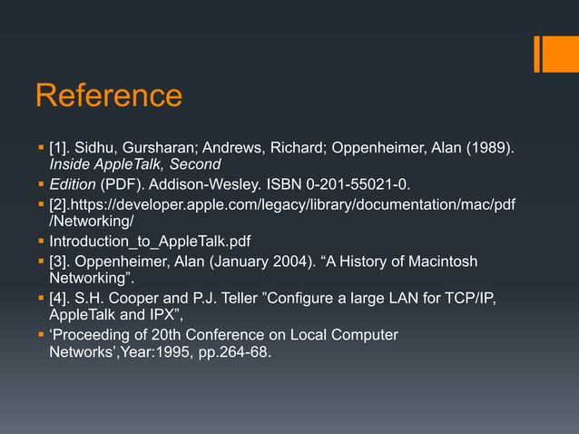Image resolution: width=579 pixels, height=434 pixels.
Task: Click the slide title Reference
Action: pyautogui.click(x=108, y=96)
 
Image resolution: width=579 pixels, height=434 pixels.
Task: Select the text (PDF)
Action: pyautogui.click(x=121, y=185)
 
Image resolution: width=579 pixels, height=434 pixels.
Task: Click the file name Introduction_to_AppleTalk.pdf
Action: pyautogui.click(x=150, y=242)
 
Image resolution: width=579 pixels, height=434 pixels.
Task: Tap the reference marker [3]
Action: pyautogui.click(x=60, y=261)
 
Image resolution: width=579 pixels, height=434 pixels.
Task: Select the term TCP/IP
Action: pyautogui.click(x=472, y=299)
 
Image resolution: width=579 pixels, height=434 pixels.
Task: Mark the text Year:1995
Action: pyautogui.click(x=152, y=352)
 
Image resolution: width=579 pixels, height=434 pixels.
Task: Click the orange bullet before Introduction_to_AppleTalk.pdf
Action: pyautogui.click(x=41, y=242)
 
